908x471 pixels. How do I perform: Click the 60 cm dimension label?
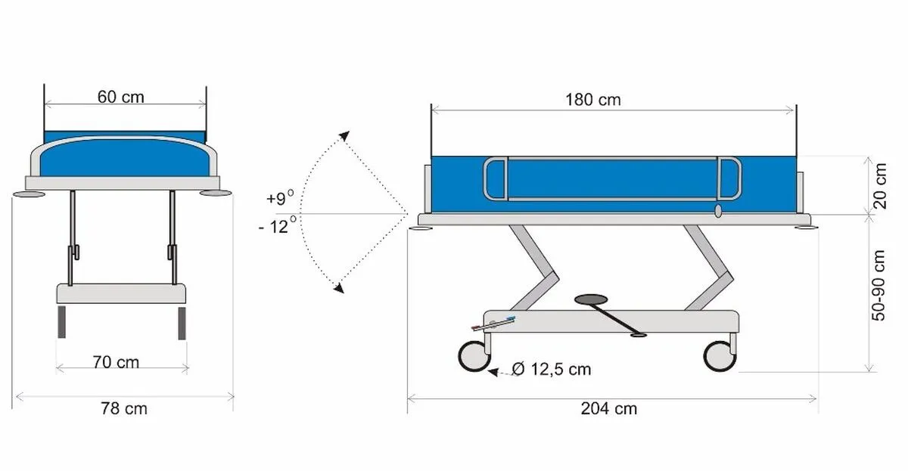pos(121,98)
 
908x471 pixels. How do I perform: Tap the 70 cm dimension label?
pos(116,362)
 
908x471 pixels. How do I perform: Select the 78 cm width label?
pos(124,408)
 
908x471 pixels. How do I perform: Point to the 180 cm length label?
pos(593,100)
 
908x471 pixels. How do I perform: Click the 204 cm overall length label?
pos(609,408)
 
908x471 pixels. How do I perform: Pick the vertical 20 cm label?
pos(879,186)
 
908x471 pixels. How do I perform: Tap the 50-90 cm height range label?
pos(878,286)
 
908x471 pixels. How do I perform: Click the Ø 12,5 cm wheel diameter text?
pos(552,369)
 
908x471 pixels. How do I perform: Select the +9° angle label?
pos(280,197)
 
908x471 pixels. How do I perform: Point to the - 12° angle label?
pos(278,226)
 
